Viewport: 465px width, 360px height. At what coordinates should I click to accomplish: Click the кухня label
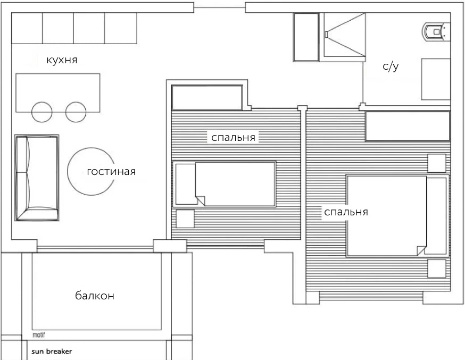(x=62, y=60)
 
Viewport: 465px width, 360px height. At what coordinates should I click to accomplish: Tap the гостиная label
(x=111, y=172)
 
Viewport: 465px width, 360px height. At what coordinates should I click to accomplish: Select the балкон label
(x=95, y=296)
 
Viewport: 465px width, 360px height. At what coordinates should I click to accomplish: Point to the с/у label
(x=391, y=66)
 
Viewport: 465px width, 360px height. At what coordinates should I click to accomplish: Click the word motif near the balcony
(x=38, y=335)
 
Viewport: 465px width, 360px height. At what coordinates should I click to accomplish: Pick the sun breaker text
(x=52, y=351)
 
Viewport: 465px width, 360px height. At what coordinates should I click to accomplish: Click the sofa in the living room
(x=37, y=178)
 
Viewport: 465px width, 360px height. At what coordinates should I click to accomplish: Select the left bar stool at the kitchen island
(x=42, y=112)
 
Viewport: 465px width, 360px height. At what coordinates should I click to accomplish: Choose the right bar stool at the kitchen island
(x=76, y=112)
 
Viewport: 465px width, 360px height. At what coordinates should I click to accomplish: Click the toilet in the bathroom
(x=436, y=31)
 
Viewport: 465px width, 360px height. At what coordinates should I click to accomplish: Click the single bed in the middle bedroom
(x=225, y=184)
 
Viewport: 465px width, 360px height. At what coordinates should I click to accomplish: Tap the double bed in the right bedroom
(x=397, y=216)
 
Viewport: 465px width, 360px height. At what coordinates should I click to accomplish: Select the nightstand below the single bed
(x=185, y=219)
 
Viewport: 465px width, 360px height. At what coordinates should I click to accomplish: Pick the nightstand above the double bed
(x=437, y=163)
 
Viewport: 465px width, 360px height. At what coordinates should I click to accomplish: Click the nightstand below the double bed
(x=437, y=269)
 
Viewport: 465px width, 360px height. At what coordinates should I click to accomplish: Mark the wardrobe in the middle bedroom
(x=207, y=97)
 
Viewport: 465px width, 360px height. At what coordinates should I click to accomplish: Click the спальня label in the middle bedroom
(x=234, y=138)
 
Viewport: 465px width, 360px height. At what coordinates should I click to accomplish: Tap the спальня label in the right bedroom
(x=346, y=212)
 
